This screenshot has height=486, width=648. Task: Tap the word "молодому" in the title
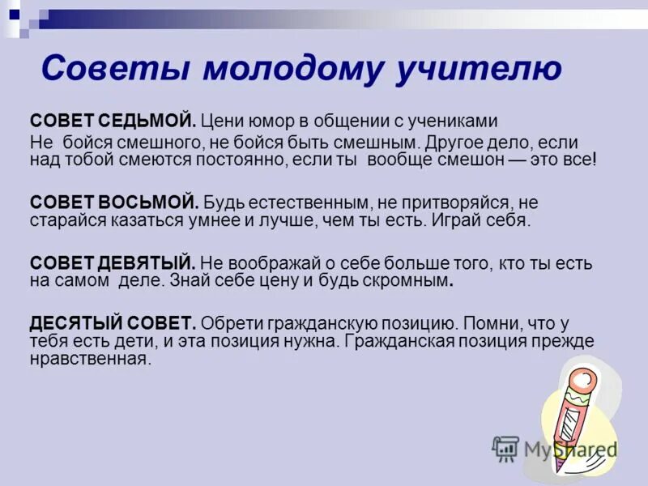pos(289,69)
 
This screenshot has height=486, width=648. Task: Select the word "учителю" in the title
pos(479,69)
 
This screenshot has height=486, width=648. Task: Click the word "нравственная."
pos(91,359)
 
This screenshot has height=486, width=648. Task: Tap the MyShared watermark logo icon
pos(505,449)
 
